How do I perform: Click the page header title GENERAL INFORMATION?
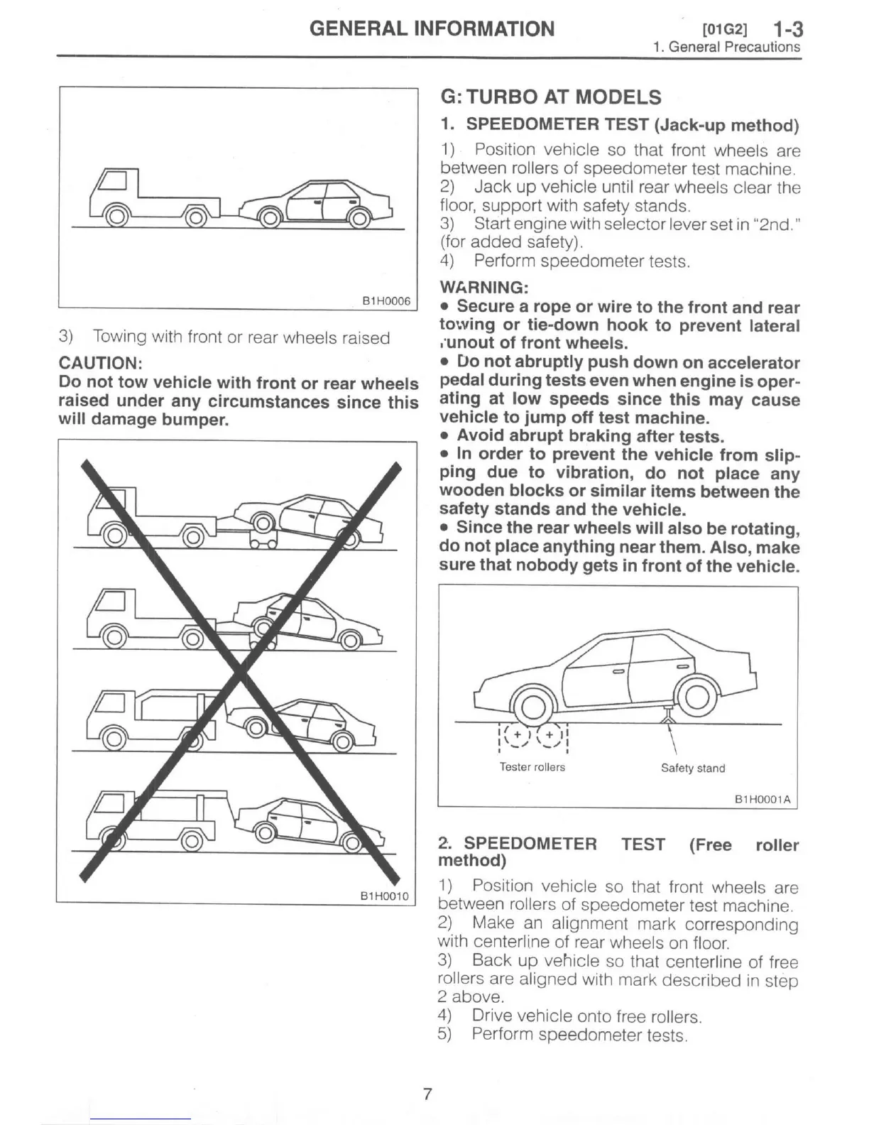pos(432,28)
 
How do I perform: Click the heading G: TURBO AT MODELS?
pos(550,97)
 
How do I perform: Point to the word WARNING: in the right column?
pos(483,288)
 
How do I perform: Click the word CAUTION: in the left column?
pos(101,363)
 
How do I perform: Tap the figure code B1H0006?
pos(386,301)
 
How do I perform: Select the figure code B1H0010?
pos(385,896)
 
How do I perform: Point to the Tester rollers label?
pos(532,767)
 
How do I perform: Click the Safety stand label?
pos(692,768)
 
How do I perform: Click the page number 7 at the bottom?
pos(427,1094)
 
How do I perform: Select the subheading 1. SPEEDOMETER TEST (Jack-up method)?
pos(619,125)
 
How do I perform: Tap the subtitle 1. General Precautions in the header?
pos(726,48)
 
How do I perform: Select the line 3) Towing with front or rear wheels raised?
pos(224,337)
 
